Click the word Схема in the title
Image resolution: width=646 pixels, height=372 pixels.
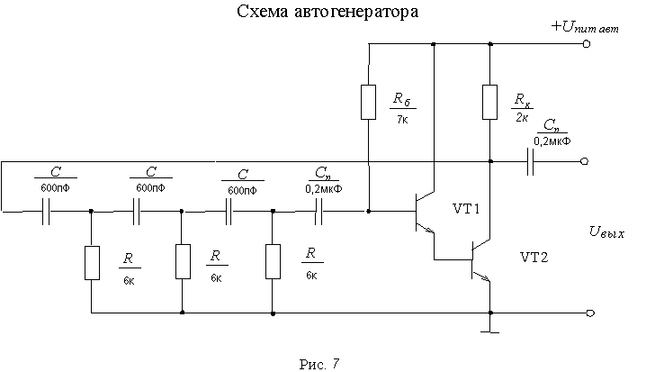tap(262, 14)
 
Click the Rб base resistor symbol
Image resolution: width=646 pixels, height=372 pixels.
tap(369, 102)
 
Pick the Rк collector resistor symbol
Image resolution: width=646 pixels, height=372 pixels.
tap(489, 102)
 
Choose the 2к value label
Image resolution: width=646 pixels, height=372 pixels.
tap(520, 116)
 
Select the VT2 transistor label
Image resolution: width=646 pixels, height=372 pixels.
tap(535, 257)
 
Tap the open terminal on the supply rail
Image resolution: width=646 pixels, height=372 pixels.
tap(587, 43)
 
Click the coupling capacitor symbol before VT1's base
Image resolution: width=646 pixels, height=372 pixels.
tap(320, 213)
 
